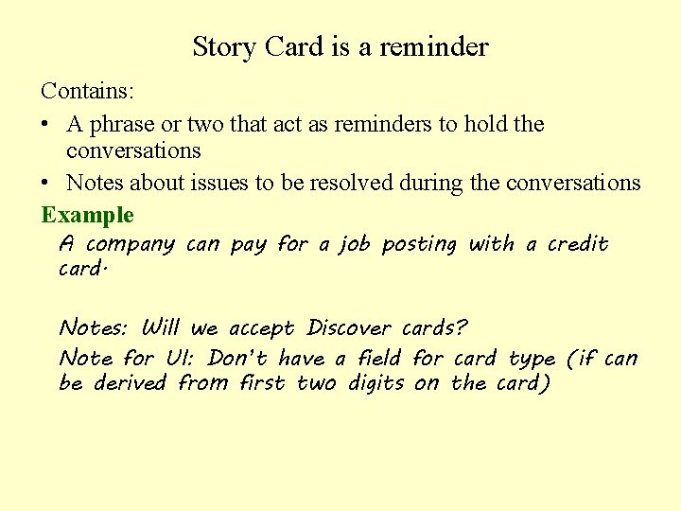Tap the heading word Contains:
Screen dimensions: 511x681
click(87, 92)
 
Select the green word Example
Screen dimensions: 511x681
click(87, 215)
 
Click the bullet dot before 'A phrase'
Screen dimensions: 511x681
click(45, 125)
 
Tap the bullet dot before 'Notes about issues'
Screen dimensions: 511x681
click(45, 184)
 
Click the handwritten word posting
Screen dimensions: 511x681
click(419, 245)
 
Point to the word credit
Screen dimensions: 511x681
click(578, 244)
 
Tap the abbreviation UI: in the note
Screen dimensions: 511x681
click(179, 359)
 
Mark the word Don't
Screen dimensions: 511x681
click(239, 359)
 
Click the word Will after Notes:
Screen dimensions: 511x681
click(160, 328)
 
